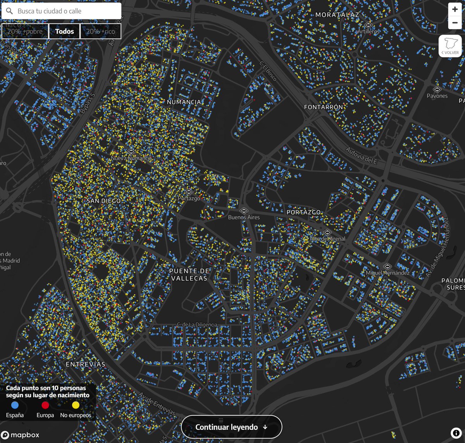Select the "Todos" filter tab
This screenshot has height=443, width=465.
(x=64, y=31)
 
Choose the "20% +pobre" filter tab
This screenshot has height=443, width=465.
(x=25, y=31)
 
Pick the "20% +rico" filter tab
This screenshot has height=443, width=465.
(x=100, y=31)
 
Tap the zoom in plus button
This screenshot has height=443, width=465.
(x=455, y=9)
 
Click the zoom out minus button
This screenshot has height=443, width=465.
(x=455, y=23)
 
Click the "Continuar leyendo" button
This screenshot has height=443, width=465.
(x=231, y=427)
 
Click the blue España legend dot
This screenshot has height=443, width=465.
(x=15, y=405)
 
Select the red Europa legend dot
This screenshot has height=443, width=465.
(x=45, y=405)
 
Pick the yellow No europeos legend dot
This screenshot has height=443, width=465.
(x=76, y=405)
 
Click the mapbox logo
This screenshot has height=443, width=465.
(x=20, y=435)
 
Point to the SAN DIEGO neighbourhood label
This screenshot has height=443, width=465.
(x=103, y=201)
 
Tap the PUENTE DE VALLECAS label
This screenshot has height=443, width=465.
(x=189, y=274)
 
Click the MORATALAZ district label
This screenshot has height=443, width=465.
(x=337, y=15)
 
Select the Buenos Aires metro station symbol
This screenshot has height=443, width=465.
(x=244, y=211)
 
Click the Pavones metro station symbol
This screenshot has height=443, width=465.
(x=437, y=89)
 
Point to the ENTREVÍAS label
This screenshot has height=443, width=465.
(x=85, y=364)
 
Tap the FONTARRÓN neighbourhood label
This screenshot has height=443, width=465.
(x=324, y=107)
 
